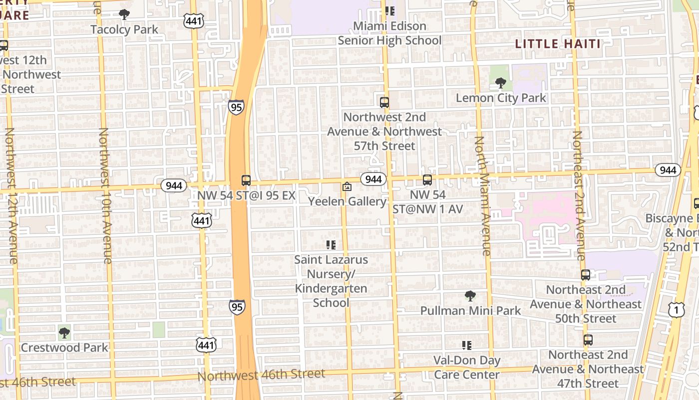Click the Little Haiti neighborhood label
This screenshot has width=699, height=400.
coord(558,44)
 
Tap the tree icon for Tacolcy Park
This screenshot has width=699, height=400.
coord(124,14)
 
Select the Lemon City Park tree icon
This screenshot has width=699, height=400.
coord(501,83)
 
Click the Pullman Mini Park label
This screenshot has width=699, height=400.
coord(470,310)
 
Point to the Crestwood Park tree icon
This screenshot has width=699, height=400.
coord(64,332)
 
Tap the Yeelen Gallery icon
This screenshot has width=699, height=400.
coord(347,187)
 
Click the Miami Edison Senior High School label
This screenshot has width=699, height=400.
coord(389,33)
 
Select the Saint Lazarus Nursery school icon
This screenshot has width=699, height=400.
coord(331,245)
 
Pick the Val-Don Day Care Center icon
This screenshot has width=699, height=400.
coord(467,345)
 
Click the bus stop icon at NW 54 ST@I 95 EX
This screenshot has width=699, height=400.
coord(246,180)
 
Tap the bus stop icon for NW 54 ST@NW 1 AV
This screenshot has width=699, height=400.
coord(427,180)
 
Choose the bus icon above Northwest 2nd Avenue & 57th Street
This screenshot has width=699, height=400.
coord(384,102)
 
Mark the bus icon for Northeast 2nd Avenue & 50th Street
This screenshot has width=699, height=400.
coord(586,275)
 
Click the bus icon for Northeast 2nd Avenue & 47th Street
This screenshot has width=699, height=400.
coord(588,340)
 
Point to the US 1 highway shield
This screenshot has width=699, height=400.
coord(676,310)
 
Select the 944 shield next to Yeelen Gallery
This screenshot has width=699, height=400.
coord(373,179)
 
